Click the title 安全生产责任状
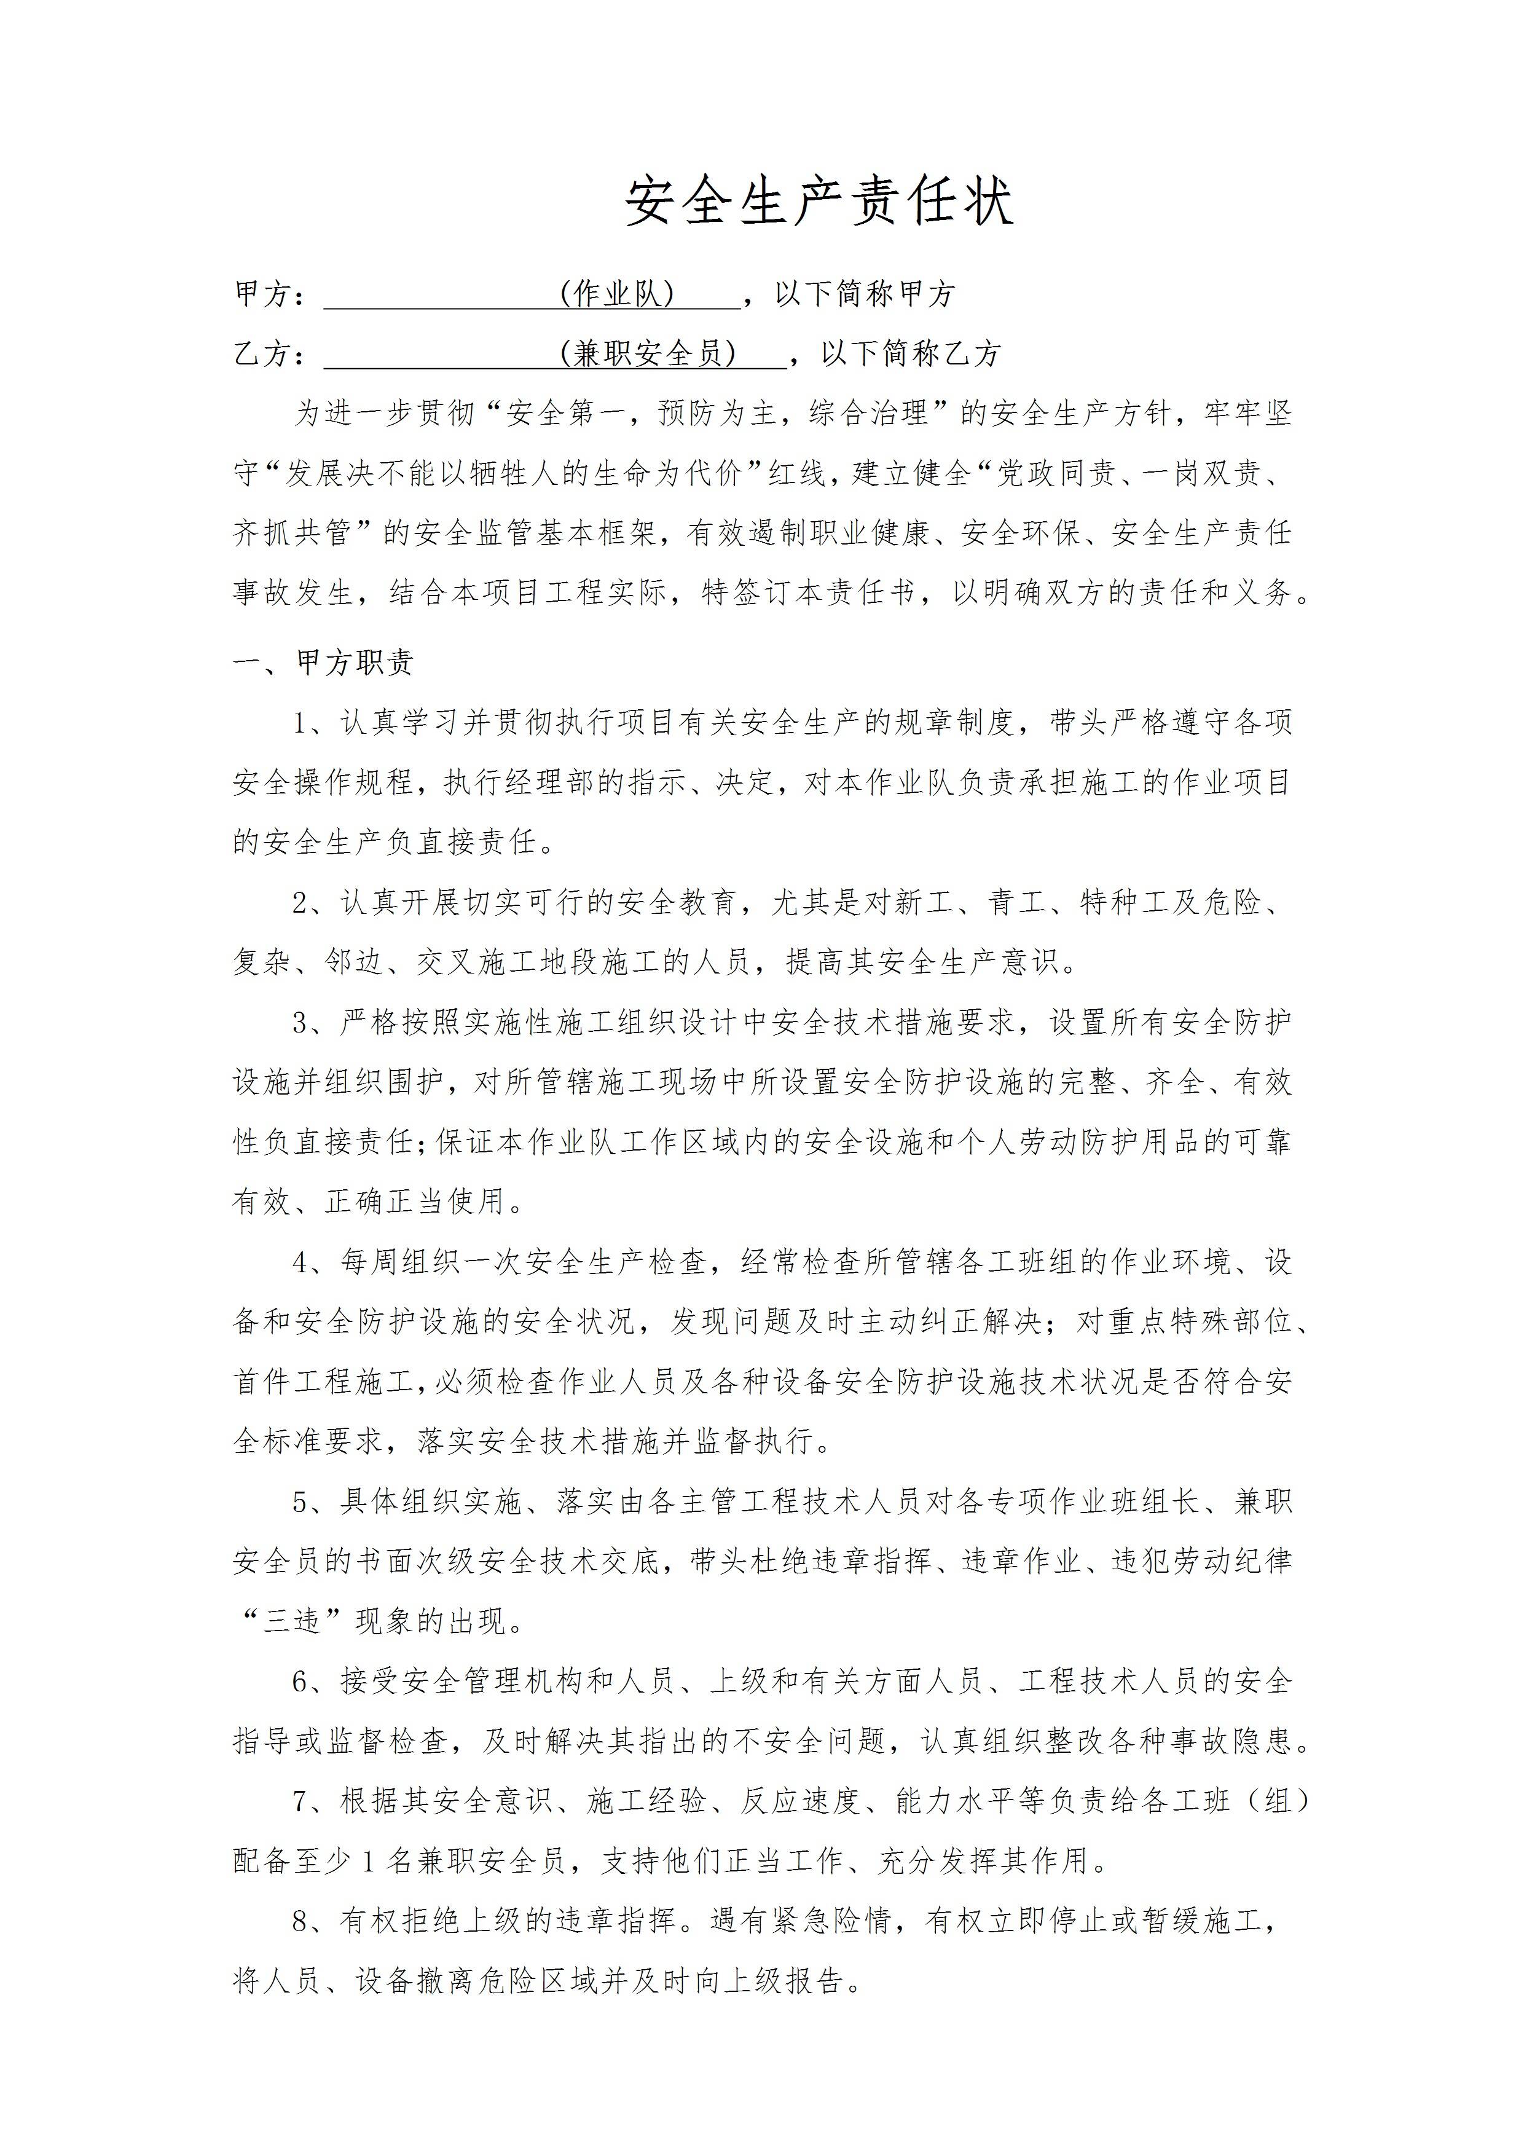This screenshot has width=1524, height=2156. [x=818, y=202]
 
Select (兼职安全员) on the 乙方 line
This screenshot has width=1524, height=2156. [x=648, y=354]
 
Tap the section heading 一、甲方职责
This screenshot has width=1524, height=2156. [x=323, y=663]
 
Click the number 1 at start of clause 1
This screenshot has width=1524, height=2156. [x=301, y=723]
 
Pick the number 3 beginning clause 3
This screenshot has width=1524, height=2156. [x=301, y=1023]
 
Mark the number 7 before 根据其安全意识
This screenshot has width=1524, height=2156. [x=301, y=1801]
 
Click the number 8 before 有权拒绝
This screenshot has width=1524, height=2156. [x=301, y=1921]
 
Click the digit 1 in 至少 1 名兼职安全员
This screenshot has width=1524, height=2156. [x=368, y=1861]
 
